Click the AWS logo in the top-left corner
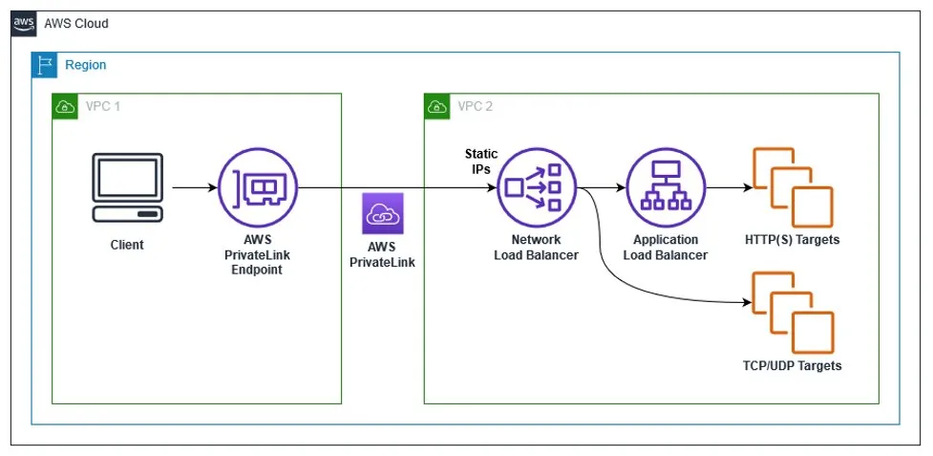[x=24, y=23]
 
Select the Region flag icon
[x=44, y=65]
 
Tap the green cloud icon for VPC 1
[x=64, y=105]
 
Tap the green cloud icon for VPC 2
[x=436, y=105]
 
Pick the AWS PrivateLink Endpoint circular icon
[x=257, y=188]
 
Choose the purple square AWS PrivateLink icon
[x=384, y=213]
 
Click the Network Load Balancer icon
[x=536, y=188]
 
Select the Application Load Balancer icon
[x=666, y=188]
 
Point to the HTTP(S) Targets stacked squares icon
[x=792, y=186]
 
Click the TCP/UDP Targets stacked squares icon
[x=792, y=312]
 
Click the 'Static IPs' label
[x=481, y=161]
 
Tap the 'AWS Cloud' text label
[x=76, y=23]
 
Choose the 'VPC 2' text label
[x=475, y=105]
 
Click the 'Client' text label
[x=126, y=245]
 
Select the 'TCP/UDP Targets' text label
[x=792, y=365]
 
